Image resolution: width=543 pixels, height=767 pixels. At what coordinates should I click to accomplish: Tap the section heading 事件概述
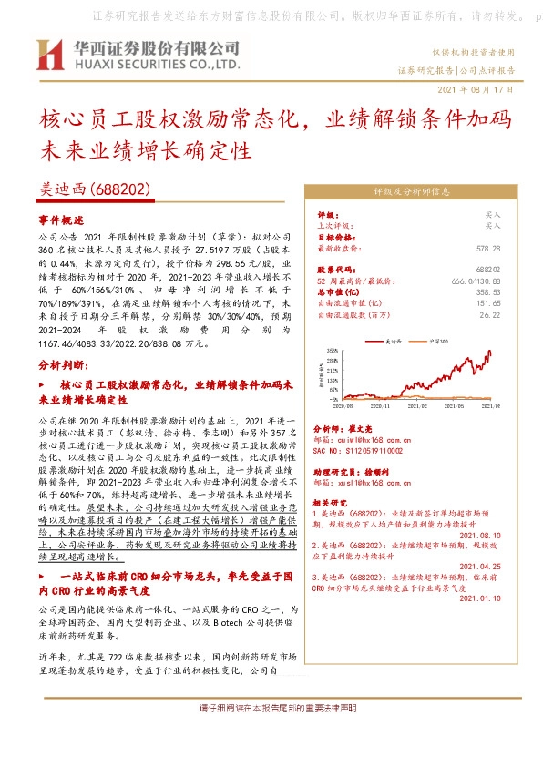pos(61,221)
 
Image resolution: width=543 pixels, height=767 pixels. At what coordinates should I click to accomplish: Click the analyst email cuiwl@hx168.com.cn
pos(368,439)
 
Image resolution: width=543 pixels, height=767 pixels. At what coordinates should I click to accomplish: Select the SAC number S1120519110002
pos(367,450)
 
